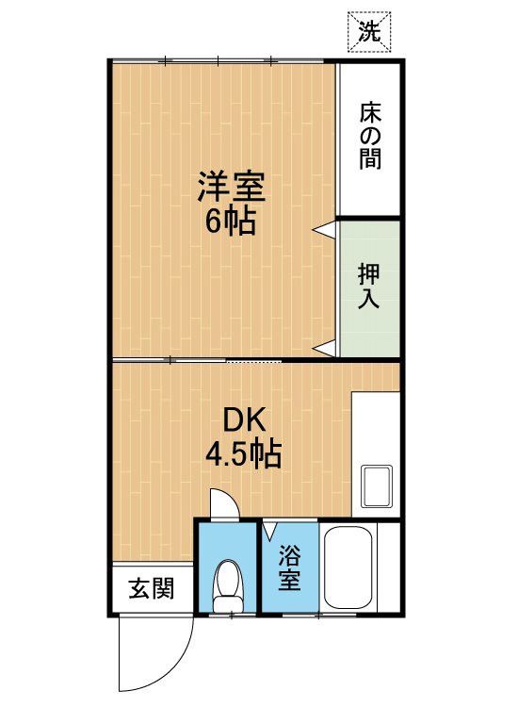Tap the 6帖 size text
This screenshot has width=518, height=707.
tap(231, 220)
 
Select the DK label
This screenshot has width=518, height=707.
tap(244, 420)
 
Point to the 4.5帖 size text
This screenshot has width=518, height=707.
tap(244, 454)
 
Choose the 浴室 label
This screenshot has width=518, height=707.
tap(289, 567)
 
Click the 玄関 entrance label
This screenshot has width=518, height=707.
tap(152, 588)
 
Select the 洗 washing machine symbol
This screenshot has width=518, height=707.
tap(369, 31)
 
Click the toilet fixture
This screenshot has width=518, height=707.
tap(228, 586)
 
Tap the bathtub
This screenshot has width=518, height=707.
tap(348, 567)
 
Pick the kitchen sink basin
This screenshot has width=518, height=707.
tap(376, 486)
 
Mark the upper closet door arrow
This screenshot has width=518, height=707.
tap(324, 229)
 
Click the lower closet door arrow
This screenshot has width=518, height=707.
tap(324, 348)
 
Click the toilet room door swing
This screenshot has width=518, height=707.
tap(225, 503)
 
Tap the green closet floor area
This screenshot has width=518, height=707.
tap(369, 288)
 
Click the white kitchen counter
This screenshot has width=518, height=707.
tap(376, 454)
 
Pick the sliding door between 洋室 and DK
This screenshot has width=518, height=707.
tap(197, 360)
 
